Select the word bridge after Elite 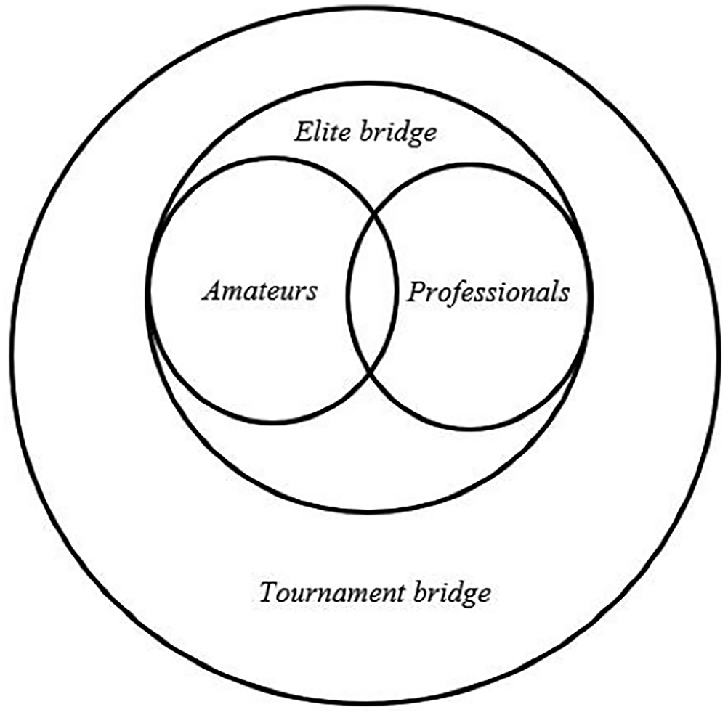pos(398,134)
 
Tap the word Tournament pos(332,592)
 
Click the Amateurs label pos(259,291)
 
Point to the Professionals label pos(488,293)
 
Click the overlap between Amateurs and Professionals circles pos(372,293)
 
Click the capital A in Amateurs pos(211,291)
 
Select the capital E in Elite pos(304,132)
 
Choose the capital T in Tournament pos(270,592)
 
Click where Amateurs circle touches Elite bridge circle pos(150,297)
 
